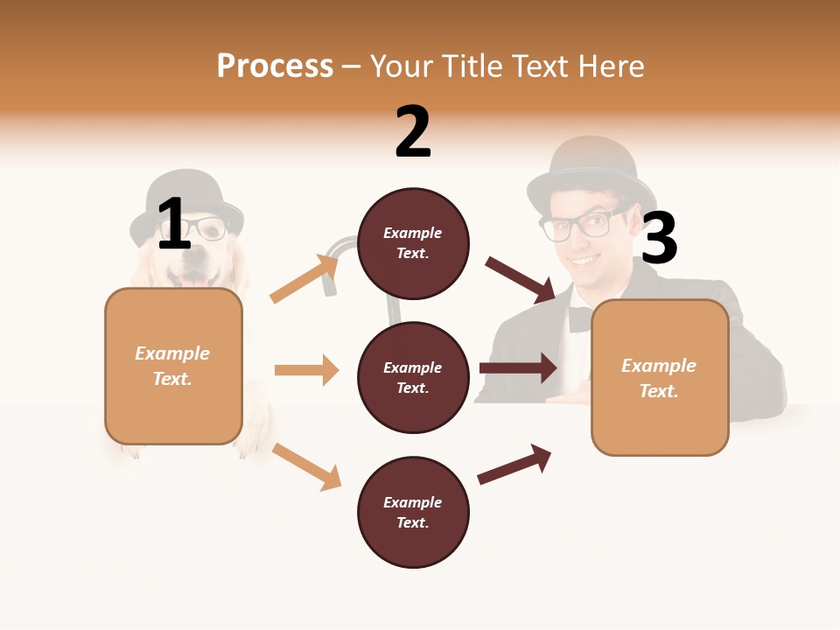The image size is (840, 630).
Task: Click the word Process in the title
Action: (275, 66)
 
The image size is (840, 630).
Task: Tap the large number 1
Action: (174, 224)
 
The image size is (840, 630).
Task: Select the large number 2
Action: (413, 131)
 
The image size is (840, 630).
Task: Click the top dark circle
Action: (413, 243)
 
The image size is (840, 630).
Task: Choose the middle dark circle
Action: (413, 377)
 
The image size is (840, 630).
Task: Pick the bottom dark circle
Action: (413, 512)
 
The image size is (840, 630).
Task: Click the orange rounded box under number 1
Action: (173, 366)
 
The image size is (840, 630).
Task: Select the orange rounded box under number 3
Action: (660, 378)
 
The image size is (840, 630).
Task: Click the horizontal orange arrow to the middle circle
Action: (306, 370)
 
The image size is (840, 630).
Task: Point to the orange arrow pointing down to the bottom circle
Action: (306, 465)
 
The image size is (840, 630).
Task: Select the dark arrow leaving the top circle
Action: (521, 279)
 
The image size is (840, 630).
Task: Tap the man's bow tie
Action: (579, 318)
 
